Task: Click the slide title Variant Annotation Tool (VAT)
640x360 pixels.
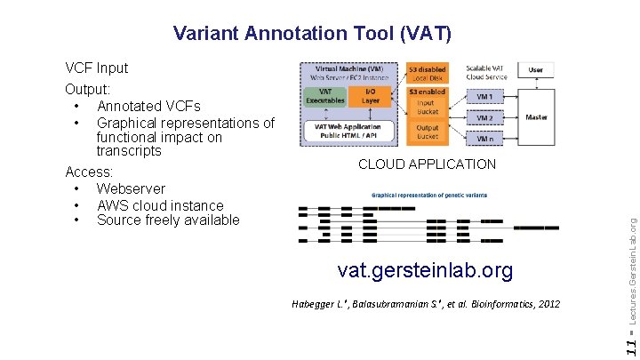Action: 313,34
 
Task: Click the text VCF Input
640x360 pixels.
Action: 96,68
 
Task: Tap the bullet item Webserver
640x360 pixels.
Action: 131,188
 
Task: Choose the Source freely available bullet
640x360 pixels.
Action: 168,220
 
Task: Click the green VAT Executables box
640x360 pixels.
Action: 325,96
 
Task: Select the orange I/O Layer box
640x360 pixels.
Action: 371,96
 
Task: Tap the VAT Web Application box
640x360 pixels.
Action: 348,130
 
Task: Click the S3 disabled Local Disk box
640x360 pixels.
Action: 428,73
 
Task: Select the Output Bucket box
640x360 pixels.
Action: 428,132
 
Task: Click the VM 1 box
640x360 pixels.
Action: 484,97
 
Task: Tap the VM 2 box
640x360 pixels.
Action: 484,117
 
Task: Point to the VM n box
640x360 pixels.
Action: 484,139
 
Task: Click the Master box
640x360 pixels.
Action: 537,116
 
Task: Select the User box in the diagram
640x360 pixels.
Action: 536,69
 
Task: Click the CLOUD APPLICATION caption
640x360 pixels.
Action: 427,164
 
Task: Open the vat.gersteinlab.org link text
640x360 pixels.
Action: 426,270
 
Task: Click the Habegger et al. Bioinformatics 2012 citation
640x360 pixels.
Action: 426,304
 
